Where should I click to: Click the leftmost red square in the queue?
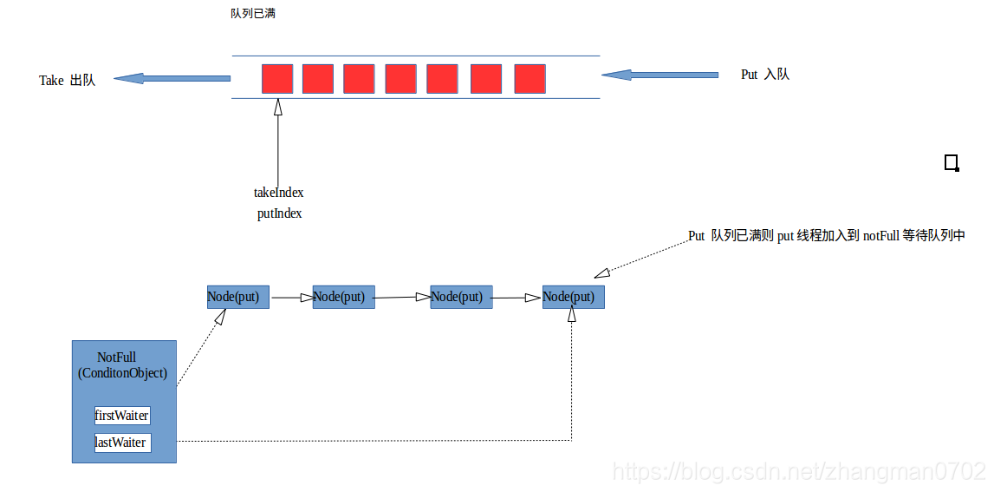(277, 79)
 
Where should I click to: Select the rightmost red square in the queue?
(529, 79)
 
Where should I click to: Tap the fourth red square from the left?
(400, 79)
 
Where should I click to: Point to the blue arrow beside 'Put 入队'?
(659, 75)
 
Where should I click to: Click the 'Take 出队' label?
(67, 80)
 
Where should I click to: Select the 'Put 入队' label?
(764, 75)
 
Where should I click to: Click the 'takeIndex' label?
(278, 193)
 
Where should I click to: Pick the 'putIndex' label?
(279, 213)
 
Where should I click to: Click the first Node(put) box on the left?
(238, 297)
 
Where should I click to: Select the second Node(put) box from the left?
(344, 297)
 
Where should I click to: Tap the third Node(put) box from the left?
(461, 297)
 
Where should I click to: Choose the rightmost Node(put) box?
(573, 297)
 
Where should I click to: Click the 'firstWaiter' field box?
(122, 416)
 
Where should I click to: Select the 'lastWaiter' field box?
(122, 443)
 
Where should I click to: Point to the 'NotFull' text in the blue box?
(117, 358)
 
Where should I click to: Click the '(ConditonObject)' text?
(122, 373)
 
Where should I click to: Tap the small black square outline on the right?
(952, 162)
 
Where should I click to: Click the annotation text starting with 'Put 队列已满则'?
(826, 236)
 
